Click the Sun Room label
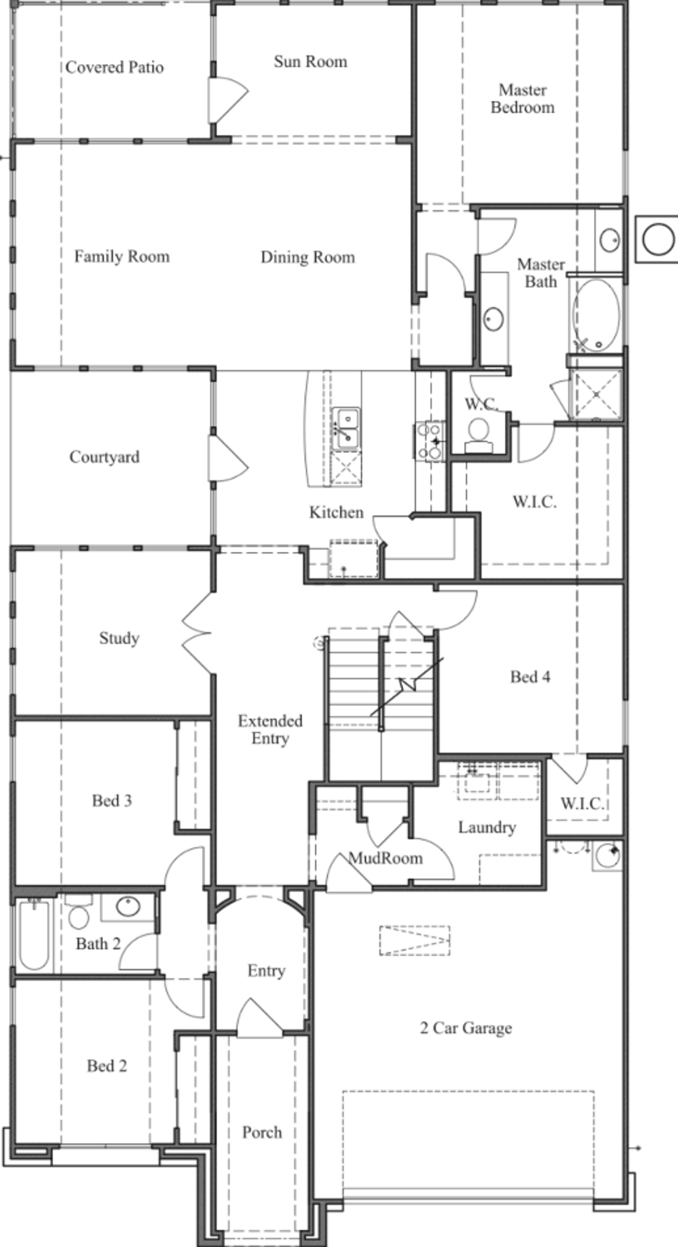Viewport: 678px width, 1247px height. pos(310,61)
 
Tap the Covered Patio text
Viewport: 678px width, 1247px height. pos(114,67)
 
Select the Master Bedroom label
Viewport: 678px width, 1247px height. pos(522,98)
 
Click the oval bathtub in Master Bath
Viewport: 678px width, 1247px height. pos(596,316)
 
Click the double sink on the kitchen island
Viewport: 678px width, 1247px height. pos(345,428)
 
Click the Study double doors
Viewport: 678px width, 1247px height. pos(197,633)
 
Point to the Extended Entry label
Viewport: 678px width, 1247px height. pos(270,729)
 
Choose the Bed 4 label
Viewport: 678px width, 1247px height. pos(530,677)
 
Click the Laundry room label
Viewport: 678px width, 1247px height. pos(487,827)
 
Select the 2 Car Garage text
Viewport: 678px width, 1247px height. pos(466,1028)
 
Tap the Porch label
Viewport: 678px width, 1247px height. pos(262,1133)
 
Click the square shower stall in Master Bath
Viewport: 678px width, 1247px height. pos(596,394)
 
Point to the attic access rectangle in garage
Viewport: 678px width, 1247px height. pos(415,940)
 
